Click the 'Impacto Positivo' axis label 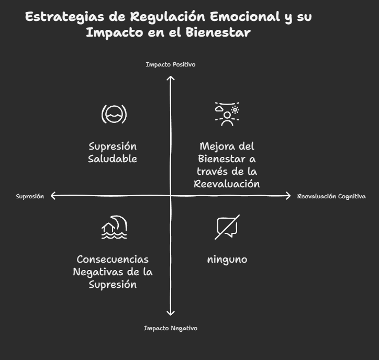tap(170, 64)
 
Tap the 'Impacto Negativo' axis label tap(170, 328)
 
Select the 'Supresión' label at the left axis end tap(30, 196)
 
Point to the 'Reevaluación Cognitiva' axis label tap(331, 196)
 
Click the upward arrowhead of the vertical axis tap(170, 78)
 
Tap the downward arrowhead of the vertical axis tap(170, 313)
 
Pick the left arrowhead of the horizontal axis tap(53, 196)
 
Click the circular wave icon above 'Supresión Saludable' tap(114, 114)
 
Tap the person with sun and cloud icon tap(227, 114)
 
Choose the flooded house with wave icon tap(114, 227)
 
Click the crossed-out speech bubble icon tap(227, 227)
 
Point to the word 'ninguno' tap(227, 259)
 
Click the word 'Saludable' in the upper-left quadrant tap(113, 159)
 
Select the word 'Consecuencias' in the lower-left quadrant tap(113, 259)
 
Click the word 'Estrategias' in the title tap(65, 17)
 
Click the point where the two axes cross tap(170, 196)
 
